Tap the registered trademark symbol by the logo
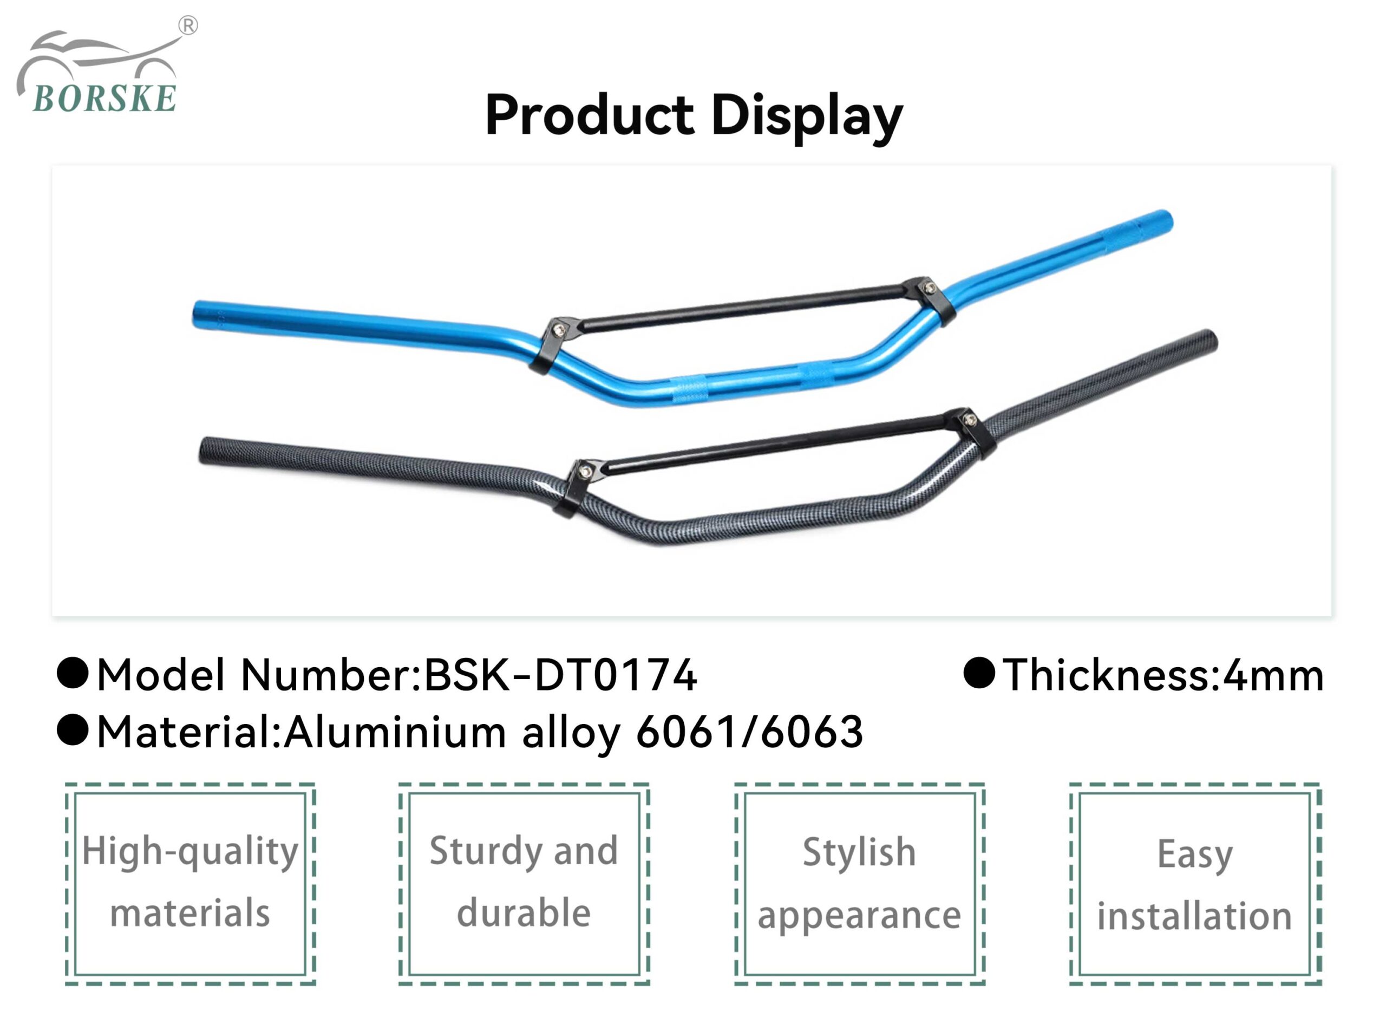[x=188, y=25]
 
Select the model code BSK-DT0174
[x=560, y=675]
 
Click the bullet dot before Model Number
[x=73, y=673]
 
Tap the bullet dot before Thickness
[x=979, y=673]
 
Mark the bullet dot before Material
[x=73, y=730]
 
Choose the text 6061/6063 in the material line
[x=750, y=732]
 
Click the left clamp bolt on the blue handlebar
[x=558, y=330]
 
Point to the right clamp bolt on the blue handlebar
[x=930, y=287]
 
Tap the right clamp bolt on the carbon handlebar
[x=970, y=420]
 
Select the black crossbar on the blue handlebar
[x=741, y=306]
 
